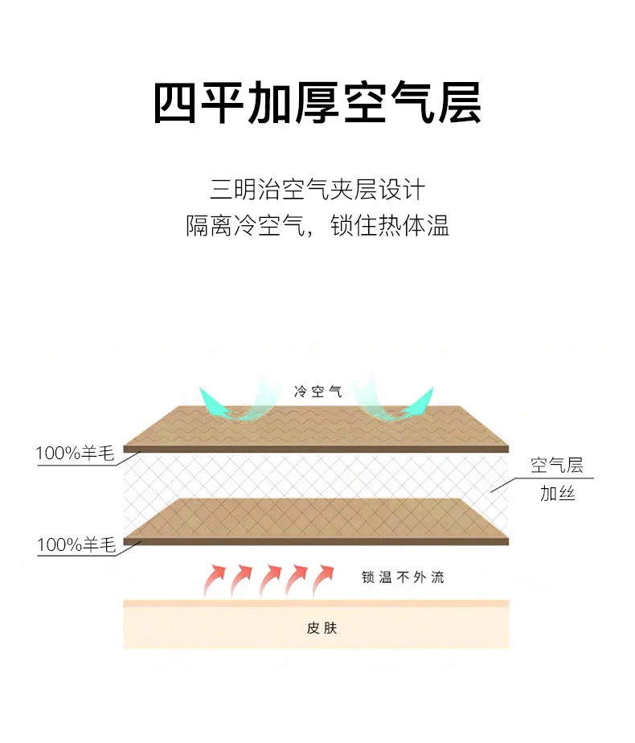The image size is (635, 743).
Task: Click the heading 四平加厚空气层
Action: click(x=317, y=103)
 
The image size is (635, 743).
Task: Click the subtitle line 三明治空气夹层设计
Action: click(x=317, y=191)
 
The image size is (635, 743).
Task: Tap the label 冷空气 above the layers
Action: click(x=317, y=392)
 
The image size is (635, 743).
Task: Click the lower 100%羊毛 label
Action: click(x=76, y=546)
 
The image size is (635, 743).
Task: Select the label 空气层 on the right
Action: click(x=556, y=465)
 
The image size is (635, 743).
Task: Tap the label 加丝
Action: click(x=557, y=493)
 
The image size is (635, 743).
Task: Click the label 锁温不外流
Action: click(x=403, y=577)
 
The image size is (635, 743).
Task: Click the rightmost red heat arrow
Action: click(x=323, y=577)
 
